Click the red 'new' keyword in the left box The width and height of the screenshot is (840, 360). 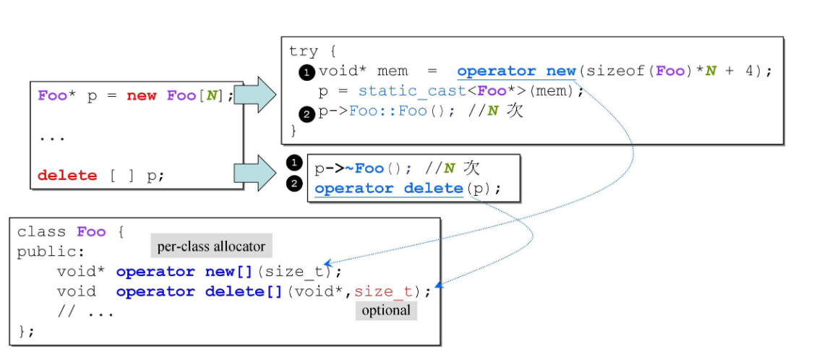point(142,96)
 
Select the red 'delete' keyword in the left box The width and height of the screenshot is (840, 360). point(67,175)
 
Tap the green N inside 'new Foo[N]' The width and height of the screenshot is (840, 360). point(211,96)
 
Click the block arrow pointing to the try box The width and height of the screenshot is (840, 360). point(256,95)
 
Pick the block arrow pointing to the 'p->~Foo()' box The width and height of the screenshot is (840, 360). point(256,173)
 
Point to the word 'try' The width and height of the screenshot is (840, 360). point(304,51)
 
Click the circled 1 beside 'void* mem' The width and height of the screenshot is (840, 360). point(307,72)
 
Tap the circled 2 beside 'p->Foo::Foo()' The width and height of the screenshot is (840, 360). point(307,112)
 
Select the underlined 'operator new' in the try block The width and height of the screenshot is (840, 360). point(515,71)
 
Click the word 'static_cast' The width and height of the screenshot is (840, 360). point(398,91)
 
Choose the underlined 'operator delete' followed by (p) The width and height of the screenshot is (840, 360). point(388,189)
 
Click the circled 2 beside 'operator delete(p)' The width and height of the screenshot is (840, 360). point(293,184)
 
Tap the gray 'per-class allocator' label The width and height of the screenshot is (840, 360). point(212,247)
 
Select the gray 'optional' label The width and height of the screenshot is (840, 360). point(386,311)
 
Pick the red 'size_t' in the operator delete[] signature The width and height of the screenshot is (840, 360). point(382,291)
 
